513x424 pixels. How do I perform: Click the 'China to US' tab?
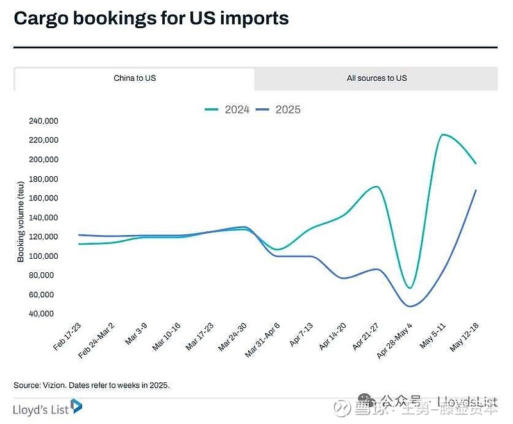tap(135, 78)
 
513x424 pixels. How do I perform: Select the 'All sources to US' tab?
tap(376, 78)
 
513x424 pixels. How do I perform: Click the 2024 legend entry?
tap(228, 110)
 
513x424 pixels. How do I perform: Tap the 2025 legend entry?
tap(278, 110)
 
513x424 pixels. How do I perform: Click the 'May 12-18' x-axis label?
tap(464, 337)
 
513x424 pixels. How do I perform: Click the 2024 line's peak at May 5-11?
tap(443, 135)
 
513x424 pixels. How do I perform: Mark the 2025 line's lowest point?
tap(410, 306)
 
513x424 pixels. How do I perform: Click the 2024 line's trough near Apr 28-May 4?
tap(410, 288)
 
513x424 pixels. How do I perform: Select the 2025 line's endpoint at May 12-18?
tap(476, 190)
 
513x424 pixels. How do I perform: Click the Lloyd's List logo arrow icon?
tap(76, 406)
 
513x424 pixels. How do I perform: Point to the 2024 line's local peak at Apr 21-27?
tap(376, 187)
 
